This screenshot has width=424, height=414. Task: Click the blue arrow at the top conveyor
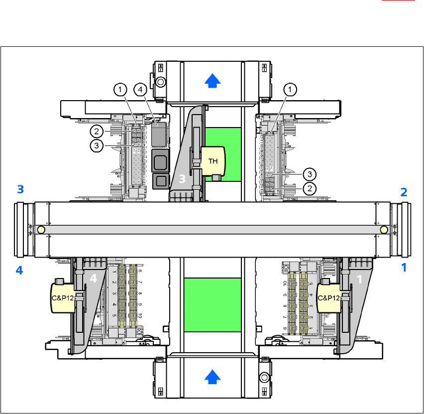(212, 79)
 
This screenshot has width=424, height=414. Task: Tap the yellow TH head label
(213, 160)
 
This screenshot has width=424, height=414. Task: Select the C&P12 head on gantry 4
(63, 298)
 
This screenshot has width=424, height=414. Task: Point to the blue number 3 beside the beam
(20, 189)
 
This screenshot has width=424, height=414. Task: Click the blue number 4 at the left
(19, 271)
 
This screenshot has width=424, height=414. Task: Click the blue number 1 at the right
(404, 268)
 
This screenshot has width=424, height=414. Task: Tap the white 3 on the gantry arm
(182, 180)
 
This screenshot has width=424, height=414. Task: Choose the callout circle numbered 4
(141, 90)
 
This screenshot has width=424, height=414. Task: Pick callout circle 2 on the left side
(96, 132)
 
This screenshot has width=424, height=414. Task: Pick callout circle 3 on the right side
(309, 174)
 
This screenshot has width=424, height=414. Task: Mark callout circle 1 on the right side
(290, 90)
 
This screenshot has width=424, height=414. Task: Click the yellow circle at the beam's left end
(41, 230)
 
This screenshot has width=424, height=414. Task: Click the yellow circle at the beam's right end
(383, 230)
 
